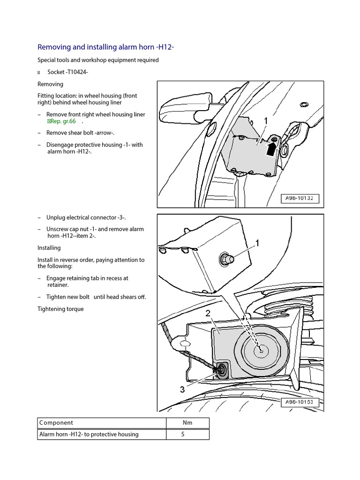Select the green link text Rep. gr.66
[x=61, y=121]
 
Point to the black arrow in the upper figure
[x=272, y=149]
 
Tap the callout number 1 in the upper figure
[x=266, y=121]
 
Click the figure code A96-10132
[x=300, y=198]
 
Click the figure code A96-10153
[x=300, y=402]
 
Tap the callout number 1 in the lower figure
[x=257, y=243]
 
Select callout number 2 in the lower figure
[x=208, y=314]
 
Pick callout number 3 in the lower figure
[x=182, y=389]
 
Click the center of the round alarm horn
[x=259, y=349]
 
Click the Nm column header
[x=187, y=422]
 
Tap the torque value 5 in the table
[x=183, y=434]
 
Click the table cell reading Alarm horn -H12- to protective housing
[x=89, y=434]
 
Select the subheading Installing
[x=49, y=247]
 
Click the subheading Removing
[x=50, y=84]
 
